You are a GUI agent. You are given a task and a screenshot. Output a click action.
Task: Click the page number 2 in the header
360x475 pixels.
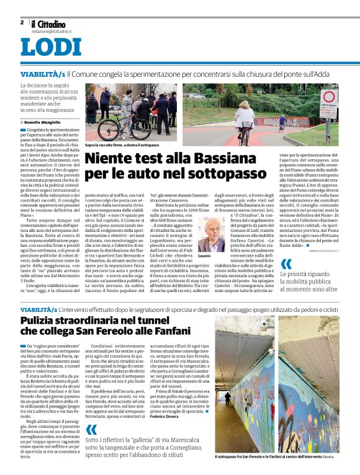coord(22,22)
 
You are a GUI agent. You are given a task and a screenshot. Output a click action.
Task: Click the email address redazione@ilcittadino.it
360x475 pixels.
coord(52,30)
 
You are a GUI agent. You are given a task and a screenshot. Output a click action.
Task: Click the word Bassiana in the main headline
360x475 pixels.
coord(220,159)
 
